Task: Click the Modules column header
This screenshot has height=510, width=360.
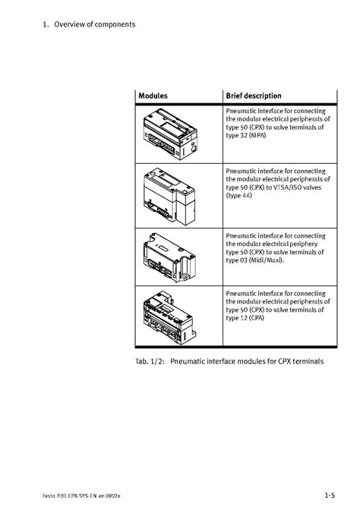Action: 153,96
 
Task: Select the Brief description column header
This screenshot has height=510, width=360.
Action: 254,96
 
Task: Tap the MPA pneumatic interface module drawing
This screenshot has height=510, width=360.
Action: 170,134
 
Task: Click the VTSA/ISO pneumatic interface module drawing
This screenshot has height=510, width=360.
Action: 169,197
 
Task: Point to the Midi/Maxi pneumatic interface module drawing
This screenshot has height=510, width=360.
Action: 169,257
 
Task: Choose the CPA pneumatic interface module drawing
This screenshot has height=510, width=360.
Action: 169,317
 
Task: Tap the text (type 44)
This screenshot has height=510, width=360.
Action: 239,196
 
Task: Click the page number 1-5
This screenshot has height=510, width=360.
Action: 330,496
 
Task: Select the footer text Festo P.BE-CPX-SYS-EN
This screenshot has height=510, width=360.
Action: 70,496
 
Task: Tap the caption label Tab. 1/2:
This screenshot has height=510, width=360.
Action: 150,361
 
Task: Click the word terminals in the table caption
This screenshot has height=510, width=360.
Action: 308,361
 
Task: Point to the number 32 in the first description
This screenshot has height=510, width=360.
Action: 244,136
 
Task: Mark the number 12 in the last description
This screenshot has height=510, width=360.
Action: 244,318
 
